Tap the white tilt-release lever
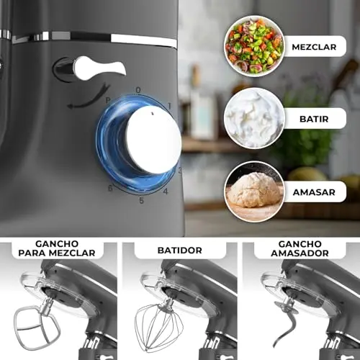point(99,68)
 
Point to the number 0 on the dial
point(138,90)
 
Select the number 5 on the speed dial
point(142,200)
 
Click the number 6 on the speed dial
point(110,188)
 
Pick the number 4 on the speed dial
point(166,192)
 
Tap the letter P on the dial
point(108,100)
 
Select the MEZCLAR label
point(314,47)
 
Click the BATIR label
point(314,119)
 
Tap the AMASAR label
point(314,192)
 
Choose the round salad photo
point(254,45)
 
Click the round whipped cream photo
point(254,118)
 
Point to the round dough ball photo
point(254,192)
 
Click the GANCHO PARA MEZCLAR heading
point(57,248)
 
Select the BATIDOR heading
point(180,251)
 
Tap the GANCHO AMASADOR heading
point(300,248)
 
